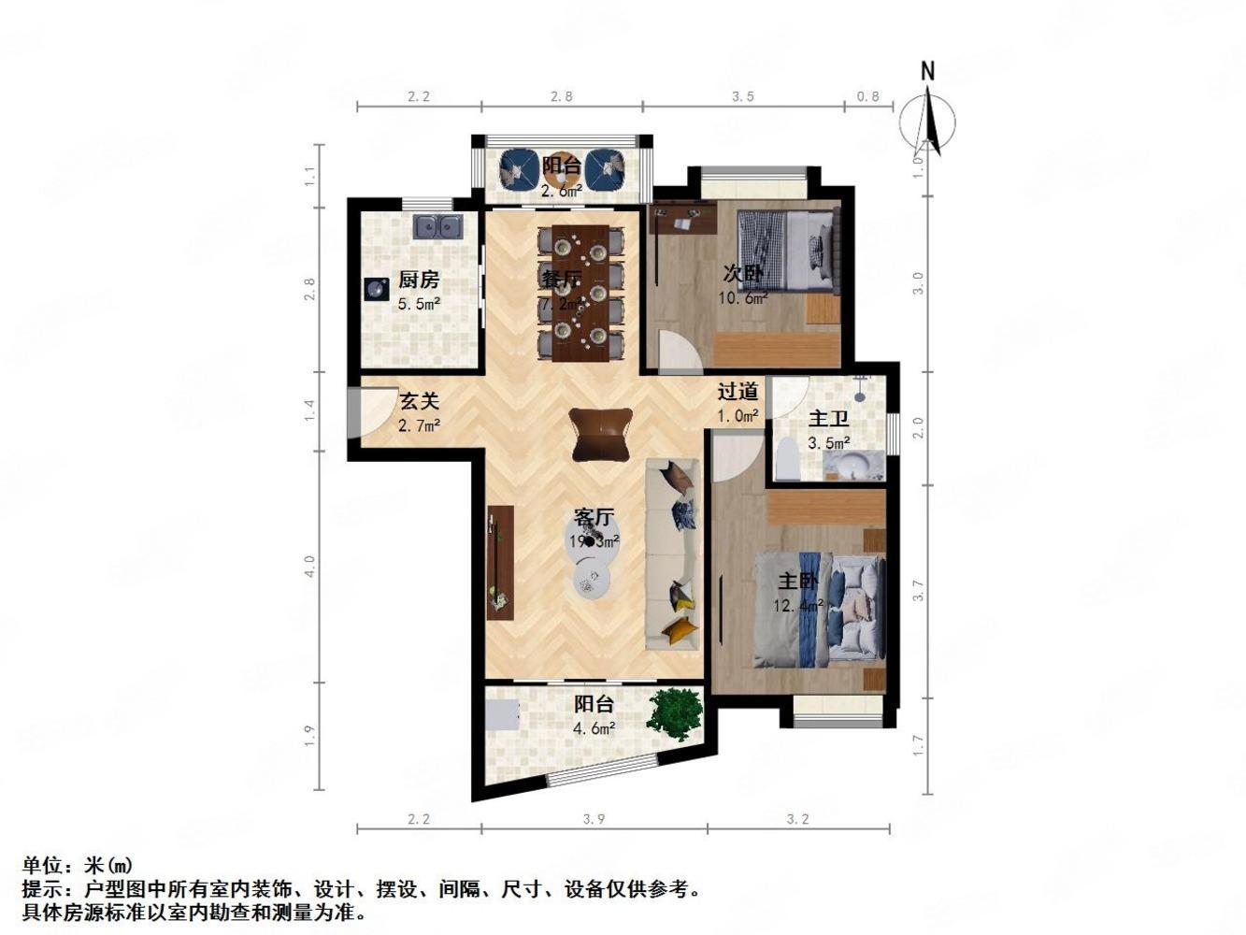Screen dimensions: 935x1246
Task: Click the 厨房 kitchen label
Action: [x=418, y=280]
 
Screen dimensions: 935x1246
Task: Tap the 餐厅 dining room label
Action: [x=561, y=279]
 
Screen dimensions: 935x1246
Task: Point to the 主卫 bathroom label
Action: [x=828, y=418]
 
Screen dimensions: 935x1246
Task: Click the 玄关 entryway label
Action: [x=419, y=401]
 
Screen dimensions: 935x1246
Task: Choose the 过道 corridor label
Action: [x=738, y=391]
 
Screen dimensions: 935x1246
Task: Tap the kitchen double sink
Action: [x=438, y=226]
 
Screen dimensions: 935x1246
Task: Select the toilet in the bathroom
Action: [x=786, y=461]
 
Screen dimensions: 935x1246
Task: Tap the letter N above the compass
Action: [x=927, y=71]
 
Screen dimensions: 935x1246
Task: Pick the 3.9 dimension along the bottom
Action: [x=594, y=819]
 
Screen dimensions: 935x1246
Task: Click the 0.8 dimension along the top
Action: [x=868, y=95]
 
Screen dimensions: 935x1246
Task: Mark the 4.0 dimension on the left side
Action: [x=310, y=566]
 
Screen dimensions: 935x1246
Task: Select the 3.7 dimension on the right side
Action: [x=918, y=590]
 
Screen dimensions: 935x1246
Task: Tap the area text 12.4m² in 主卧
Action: [x=798, y=605]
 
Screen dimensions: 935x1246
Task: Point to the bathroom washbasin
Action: [x=854, y=465]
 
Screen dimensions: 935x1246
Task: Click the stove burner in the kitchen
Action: [x=377, y=288]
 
